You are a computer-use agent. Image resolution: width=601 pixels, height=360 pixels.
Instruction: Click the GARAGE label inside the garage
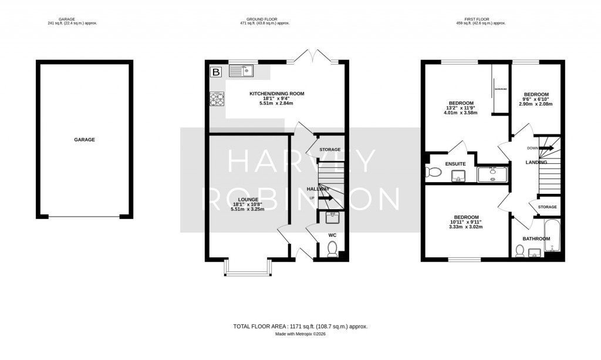pyautogui.click(x=85, y=140)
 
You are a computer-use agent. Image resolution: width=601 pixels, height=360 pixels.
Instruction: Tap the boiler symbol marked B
pyautogui.click(x=216, y=72)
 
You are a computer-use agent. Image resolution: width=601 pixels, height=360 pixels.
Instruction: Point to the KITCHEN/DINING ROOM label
pyautogui.click(x=276, y=94)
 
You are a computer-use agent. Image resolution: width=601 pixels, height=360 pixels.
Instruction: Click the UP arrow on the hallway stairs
pyautogui.click(x=325, y=197)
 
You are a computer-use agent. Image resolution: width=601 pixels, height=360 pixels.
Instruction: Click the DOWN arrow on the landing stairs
pyautogui.click(x=546, y=148)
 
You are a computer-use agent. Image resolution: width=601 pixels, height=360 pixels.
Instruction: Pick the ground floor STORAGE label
pyautogui.click(x=330, y=150)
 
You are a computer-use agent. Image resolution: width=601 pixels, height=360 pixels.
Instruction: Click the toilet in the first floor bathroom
pyautogui.click(x=519, y=251)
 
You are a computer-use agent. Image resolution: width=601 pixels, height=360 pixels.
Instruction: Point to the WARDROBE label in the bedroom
pyautogui.click(x=500, y=89)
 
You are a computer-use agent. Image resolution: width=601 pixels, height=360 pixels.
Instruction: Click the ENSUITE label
pyautogui.click(x=455, y=164)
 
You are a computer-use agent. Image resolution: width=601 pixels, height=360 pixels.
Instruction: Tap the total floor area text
pyautogui.click(x=300, y=326)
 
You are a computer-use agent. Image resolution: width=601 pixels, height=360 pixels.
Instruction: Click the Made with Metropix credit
pyautogui.click(x=300, y=334)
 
